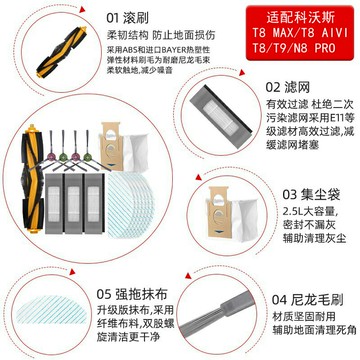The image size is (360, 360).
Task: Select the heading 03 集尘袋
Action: [x=304, y=193]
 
